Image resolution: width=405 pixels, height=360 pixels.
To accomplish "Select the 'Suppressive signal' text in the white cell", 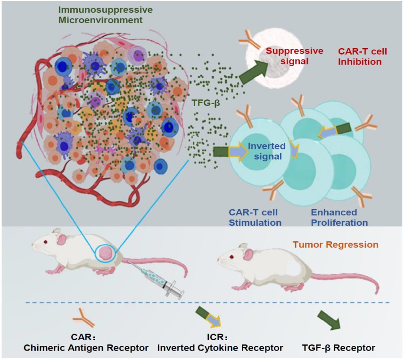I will coord(294,56).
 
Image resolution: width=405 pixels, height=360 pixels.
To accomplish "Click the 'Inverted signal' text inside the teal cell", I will coord(265,151).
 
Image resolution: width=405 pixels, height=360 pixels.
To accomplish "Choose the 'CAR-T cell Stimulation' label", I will coord(255,217).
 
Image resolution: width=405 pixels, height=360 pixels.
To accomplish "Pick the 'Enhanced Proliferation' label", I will coord(339,217).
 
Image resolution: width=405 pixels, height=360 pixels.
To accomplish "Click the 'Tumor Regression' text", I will coord(335,245).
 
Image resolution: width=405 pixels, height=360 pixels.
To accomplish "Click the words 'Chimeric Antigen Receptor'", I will coord(86,348).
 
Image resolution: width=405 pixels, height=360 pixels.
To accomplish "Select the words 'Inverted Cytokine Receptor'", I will coord(220,348).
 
